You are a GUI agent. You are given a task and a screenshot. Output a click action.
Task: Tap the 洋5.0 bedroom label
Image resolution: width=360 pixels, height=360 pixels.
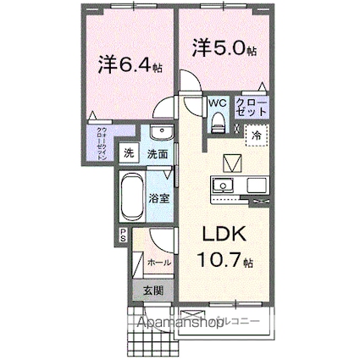(x=223, y=48)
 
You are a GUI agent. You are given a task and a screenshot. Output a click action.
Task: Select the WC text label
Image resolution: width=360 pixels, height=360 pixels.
(x=217, y=103)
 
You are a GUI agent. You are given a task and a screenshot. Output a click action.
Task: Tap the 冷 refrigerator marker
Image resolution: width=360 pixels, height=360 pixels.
(x=256, y=133)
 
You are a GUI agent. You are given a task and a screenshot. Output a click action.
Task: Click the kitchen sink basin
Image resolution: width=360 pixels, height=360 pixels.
(x=223, y=184)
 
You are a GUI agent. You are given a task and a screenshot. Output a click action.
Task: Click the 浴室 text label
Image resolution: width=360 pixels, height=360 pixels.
(x=159, y=201)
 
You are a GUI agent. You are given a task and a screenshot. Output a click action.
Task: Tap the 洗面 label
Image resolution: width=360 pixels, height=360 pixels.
(x=158, y=154)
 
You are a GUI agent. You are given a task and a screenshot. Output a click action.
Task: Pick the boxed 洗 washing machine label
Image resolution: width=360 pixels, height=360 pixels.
(x=129, y=154)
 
